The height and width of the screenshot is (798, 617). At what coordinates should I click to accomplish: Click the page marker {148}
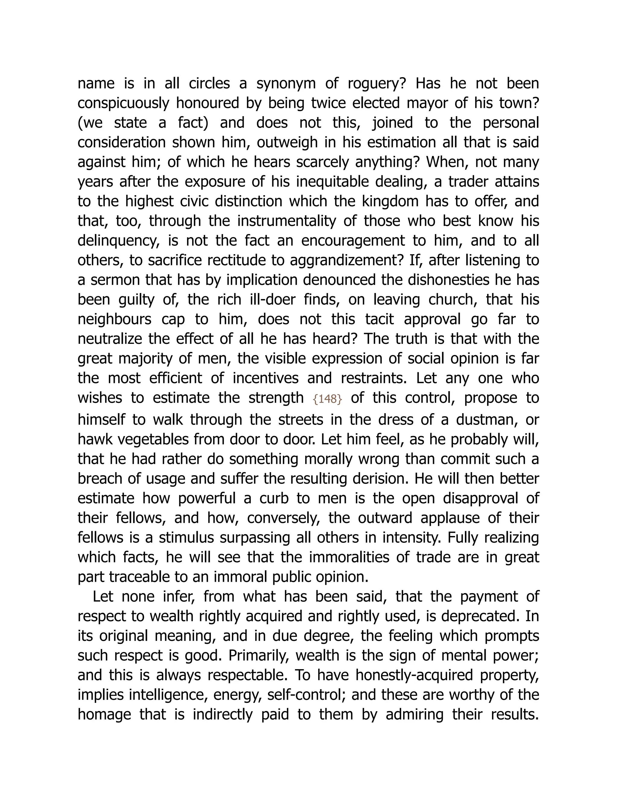click(327, 399)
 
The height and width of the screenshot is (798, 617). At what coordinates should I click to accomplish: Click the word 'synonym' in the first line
click(286, 83)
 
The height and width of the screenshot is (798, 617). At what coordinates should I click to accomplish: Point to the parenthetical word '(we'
click(90, 123)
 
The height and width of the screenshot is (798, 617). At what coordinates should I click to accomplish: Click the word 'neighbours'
click(114, 319)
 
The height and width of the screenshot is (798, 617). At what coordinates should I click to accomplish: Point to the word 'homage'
click(104, 714)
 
